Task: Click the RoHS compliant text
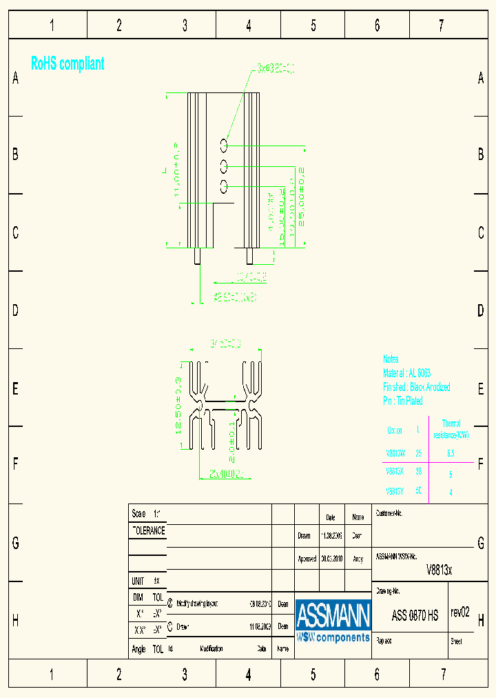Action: (68, 64)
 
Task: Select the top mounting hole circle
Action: (224, 144)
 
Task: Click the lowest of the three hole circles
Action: (224, 185)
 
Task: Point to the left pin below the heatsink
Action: (198, 256)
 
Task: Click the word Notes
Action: (391, 359)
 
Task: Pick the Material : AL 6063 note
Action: (406, 372)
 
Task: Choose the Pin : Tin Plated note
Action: (403, 401)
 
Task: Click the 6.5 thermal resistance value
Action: (451, 454)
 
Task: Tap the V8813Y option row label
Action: (395, 492)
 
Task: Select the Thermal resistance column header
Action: (451, 429)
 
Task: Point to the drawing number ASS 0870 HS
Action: (415, 616)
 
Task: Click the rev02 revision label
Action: (460, 612)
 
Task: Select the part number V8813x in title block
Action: (439, 570)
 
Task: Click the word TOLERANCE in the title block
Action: (148, 531)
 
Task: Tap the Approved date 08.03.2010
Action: (331, 559)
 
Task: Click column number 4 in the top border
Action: (248, 26)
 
